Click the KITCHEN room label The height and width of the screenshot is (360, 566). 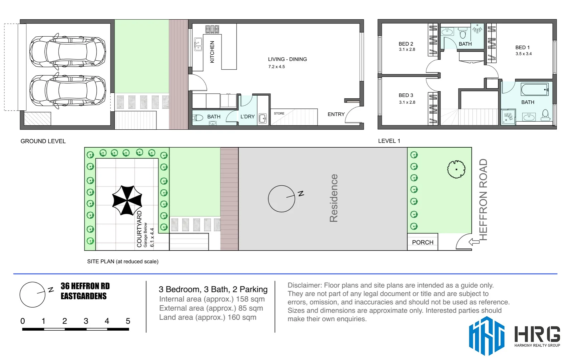(x=212, y=52)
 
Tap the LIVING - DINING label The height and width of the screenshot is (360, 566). (x=287, y=59)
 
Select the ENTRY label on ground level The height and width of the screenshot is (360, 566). (x=336, y=114)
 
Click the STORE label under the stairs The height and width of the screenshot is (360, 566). (x=279, y=114)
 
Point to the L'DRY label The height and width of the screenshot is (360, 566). (x=247, y=117)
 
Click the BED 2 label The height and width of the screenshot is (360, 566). (x=406, y=44)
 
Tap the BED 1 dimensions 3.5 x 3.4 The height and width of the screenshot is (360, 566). (x=523, y=54)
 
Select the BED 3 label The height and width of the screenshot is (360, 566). (x=406, y=95)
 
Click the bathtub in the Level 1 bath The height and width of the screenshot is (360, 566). (x=534, y=90)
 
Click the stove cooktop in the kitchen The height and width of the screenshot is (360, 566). (x=212, y=29)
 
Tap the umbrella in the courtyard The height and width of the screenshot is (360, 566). (x=127, y=200)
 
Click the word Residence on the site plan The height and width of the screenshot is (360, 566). (x=334, y=198)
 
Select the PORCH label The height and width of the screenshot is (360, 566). (x=422, y=242)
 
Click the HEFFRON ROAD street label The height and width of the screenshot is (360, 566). (x=483, y=199)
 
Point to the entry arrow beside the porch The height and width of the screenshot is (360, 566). (x=474, y=242)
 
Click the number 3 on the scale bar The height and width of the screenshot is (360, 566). (x=86, y=321)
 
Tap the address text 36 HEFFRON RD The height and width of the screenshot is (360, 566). (x=85, y=286)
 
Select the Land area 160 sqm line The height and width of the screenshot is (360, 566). (x=207, y=317)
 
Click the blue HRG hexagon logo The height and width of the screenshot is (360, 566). (x=486, y=336)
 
